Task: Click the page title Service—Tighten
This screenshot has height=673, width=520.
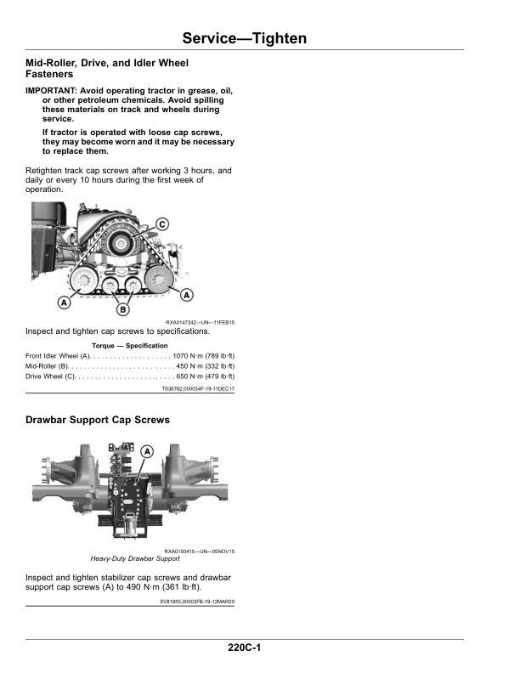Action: [245, 38]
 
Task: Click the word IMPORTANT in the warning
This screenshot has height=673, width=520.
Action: [51, 91]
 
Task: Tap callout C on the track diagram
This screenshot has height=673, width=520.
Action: [162, 224]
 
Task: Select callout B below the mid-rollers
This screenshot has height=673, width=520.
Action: [122, 309]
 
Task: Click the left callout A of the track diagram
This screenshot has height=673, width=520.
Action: [64, 303]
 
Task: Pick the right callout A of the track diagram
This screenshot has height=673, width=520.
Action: [187, 295]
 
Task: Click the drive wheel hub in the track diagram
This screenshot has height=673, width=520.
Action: [121, 244]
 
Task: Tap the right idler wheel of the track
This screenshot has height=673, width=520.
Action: [158, 279]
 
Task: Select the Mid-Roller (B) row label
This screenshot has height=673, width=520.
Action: [47, 366]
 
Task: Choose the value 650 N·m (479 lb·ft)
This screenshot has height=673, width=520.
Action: [206, 376]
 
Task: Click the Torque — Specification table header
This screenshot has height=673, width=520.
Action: [129, 346]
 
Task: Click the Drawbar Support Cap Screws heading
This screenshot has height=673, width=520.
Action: [98, 420]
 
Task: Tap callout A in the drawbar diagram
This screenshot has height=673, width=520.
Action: [147, 451]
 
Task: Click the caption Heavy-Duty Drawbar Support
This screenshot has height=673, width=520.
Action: [135, 558]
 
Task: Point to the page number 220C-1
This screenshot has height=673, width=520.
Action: [244, 648]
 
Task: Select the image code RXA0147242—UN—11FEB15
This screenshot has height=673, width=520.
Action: [200, 322]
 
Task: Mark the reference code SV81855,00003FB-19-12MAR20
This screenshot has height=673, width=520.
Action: [197, 602]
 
